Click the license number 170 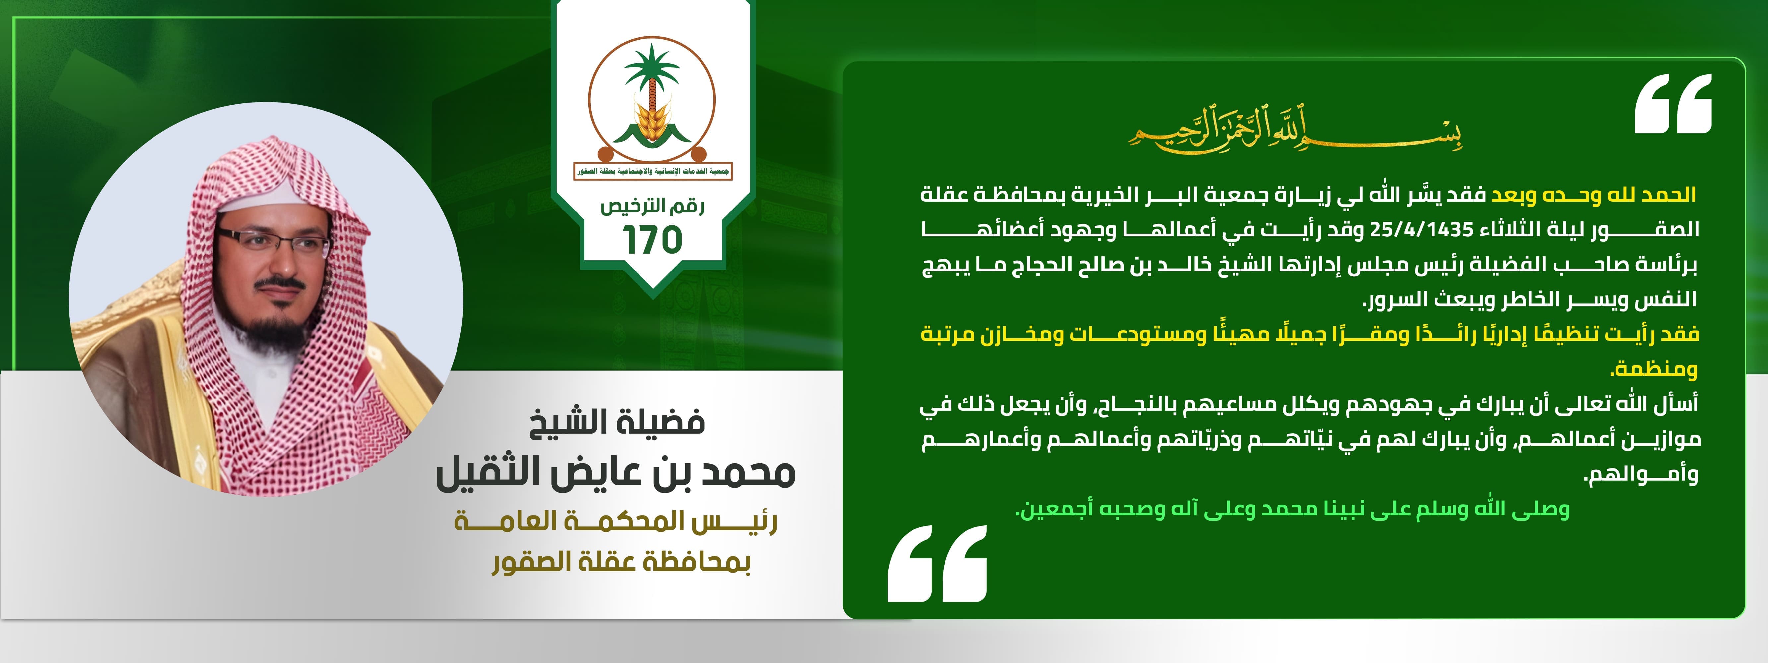tap(652, 240)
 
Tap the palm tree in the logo tap(651, 76)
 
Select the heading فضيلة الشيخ tap(618, 421)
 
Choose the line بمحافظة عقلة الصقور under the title tap(621, 563)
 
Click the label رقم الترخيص tap(652, 206)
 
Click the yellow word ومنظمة tap(1654, 369)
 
